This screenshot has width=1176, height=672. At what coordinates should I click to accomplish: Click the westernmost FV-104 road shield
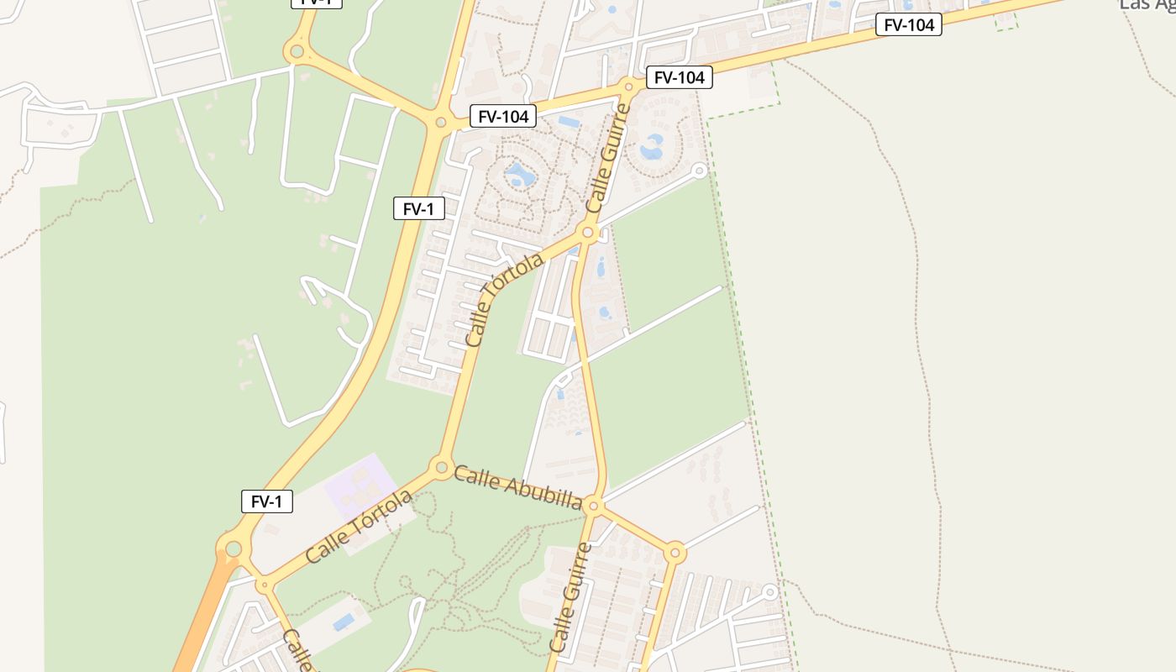pos(502,117)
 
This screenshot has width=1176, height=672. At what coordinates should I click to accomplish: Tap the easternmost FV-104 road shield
pos(908,25)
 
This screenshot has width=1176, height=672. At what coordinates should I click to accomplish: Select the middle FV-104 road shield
pos(679,78)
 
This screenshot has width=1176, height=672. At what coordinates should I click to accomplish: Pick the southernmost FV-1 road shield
pos(267,501)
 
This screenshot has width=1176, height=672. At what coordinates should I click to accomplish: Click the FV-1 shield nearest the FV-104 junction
pos(418,208)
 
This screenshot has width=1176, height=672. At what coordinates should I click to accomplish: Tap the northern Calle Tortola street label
pos(504,300)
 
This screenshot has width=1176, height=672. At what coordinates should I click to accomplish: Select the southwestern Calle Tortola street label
pos(359,526)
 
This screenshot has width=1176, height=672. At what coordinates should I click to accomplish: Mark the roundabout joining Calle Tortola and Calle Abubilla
pos(441,467)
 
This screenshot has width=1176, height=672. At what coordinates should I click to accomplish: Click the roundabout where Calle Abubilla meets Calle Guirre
pos(594,506)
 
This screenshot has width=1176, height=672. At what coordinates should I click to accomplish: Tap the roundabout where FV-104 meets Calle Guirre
pos(629,86)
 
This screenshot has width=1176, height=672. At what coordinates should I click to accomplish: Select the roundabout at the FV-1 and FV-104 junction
pos(441,123)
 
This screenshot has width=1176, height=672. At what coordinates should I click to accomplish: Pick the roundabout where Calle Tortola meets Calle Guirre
pos(588,233)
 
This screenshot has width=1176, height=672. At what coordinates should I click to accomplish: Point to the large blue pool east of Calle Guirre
pos(652,148)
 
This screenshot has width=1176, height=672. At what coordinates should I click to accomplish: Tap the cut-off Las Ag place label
pos(1147,5)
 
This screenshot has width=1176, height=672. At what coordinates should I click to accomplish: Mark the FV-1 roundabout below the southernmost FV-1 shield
pos(234,549)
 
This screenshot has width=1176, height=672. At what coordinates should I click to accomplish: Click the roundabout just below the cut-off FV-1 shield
pos(296,52)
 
